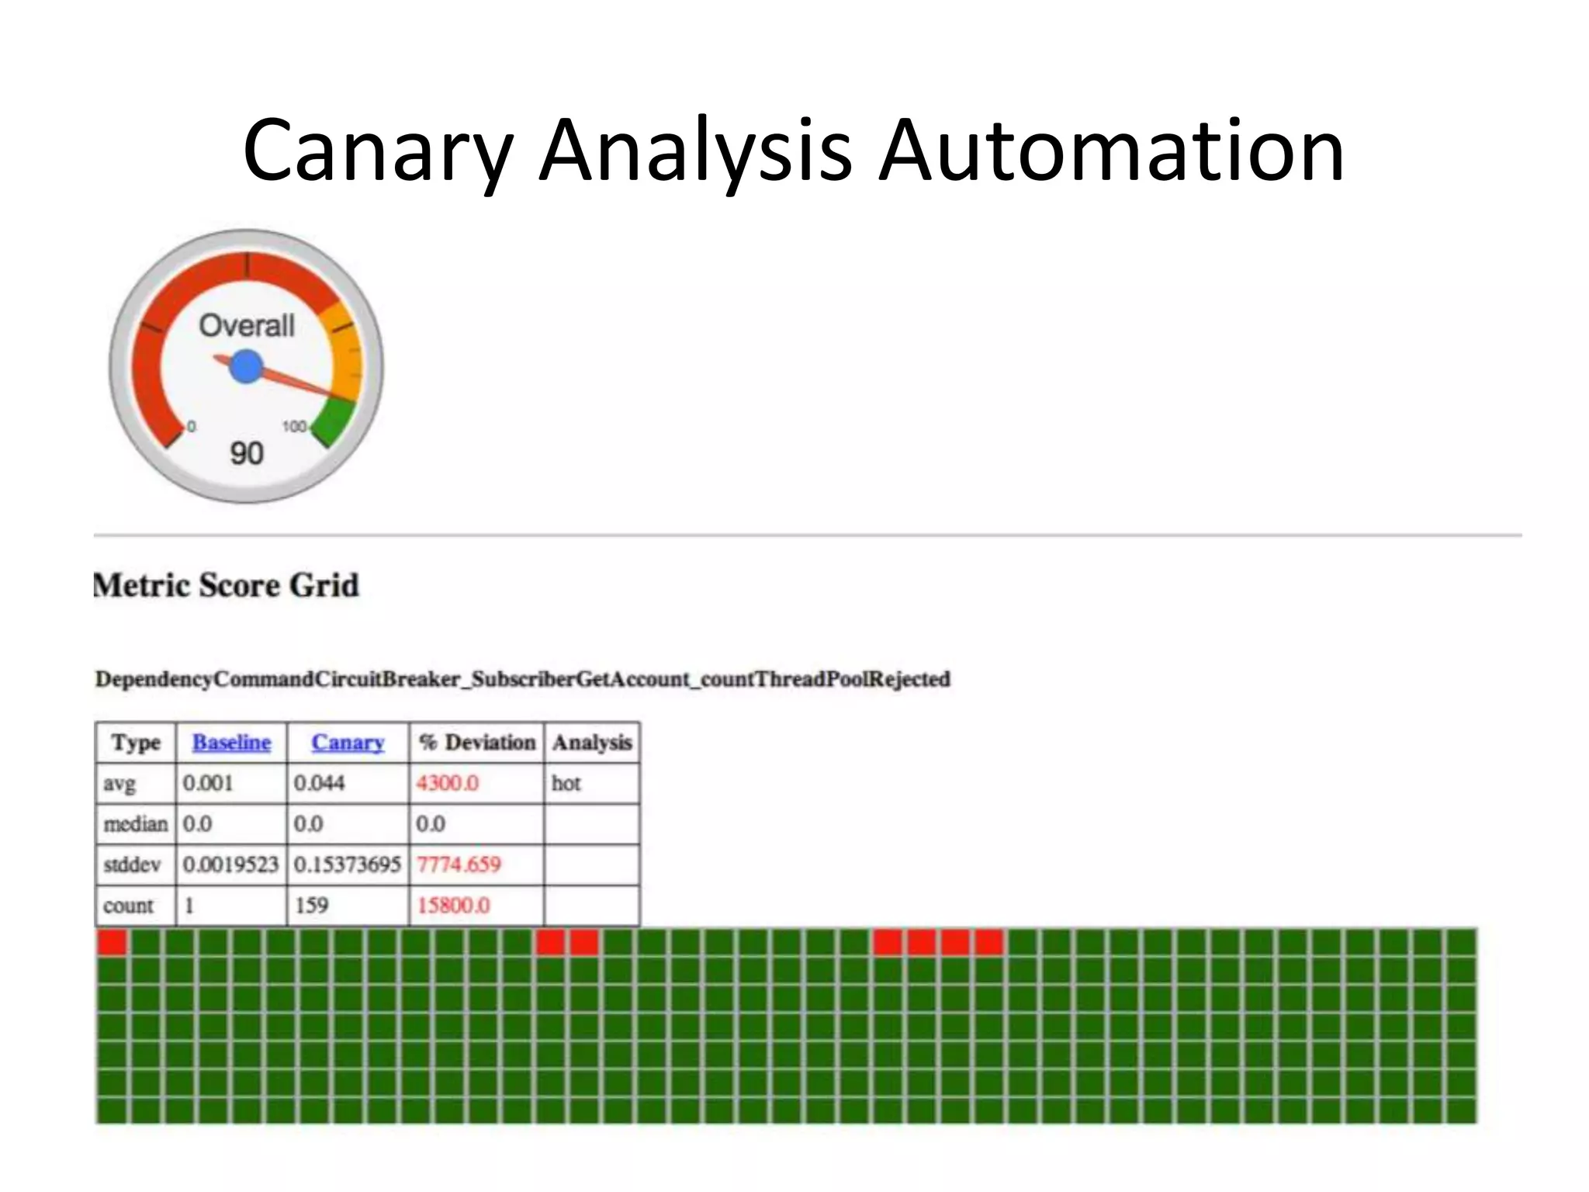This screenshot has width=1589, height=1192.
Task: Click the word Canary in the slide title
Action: [x=378, y=151]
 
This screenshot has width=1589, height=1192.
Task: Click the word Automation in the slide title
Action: [x=1110, y=151]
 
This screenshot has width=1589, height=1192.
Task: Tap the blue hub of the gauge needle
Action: [x=247, y=366]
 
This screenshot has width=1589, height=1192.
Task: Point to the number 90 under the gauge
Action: [x=247, y=453]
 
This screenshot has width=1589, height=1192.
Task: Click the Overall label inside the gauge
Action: [x=247, y=325]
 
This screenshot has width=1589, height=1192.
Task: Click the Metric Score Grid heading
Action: [x=227, y=585]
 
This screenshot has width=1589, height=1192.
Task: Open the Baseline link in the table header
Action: [x=231, y=743]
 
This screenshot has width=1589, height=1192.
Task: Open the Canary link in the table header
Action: [x=348, y=743]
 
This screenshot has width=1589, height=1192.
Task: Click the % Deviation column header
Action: [x=476, y=743]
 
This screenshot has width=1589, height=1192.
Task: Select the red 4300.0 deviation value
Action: [x=447, y=783]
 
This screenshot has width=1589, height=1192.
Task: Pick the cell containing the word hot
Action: [x=566, y=783]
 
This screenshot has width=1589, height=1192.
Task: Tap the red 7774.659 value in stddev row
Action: [x=459, y=865]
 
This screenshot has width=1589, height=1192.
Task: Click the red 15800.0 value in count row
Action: [x=453, y=906]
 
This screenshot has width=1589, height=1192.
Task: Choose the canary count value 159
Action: [x=311, y=906]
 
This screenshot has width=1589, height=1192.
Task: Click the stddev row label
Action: [x=132, y=865]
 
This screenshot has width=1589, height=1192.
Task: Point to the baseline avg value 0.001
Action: [x=208, y=783]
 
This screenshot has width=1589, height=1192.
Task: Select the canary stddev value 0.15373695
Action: [x=347, y=865]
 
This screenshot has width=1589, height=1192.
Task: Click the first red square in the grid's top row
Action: [x=112, y=942]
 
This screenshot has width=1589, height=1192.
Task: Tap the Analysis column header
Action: [x=592, y=743]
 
